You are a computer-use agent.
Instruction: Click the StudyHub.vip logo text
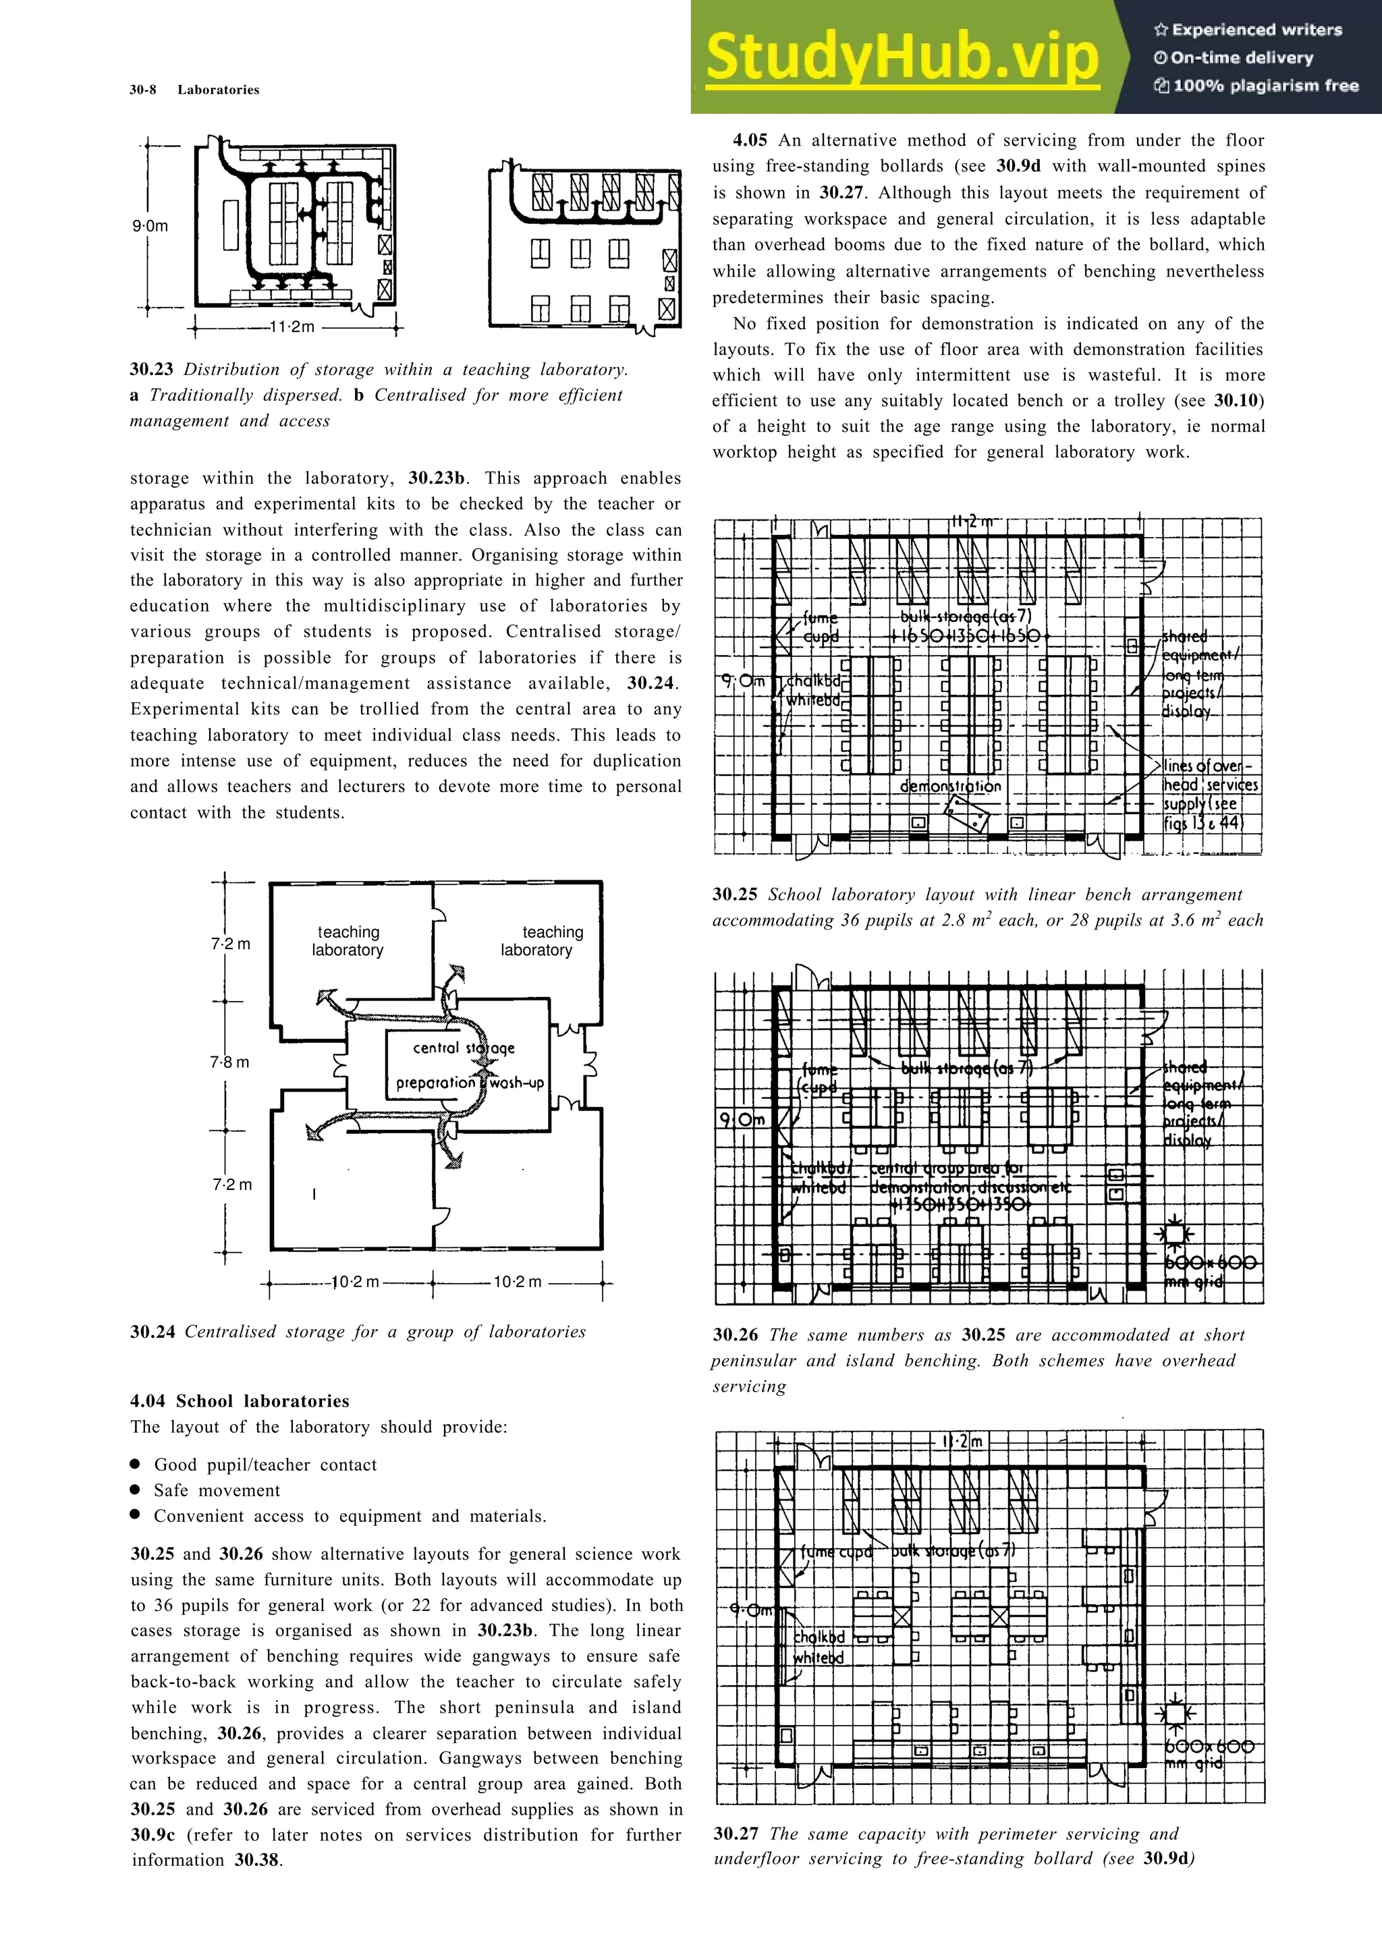pyautogui.click(x=903, y=57)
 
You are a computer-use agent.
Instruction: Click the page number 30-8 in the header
pyautogui.click(x=142, y=90)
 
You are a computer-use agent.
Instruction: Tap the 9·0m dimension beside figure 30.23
pyautogui.click(x=150, y=227)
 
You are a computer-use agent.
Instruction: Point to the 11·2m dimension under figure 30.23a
pyautogui.click(x=292, y=327)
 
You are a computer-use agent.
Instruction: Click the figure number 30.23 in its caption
pyautogui.click(x=152, y=370)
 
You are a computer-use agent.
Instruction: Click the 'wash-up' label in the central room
pyautogui.click(x=517, y=1083)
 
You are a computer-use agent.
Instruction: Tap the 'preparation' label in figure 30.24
pyautogui.click(x=435, y=1083)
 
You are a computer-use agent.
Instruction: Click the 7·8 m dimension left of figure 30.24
pyautogui.click(x=230, y=1062)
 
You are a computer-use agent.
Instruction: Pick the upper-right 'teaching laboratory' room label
pyautogui.click(x=543, y=941)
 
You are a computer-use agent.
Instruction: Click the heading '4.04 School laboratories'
pyautogui.click(x=240, y=1400)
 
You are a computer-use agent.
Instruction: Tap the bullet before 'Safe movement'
pyautogui.click(x=136, y=1490)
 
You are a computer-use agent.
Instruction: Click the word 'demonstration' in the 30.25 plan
pyautogui.click(x=950, y=786)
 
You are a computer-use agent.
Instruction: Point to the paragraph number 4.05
pyautogui.click(x=750, y=140)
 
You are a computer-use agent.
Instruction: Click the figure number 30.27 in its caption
pyautogui.click(x=735, y=1834)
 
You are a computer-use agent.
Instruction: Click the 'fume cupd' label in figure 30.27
pyautogui.click(x=836, y=1552)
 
